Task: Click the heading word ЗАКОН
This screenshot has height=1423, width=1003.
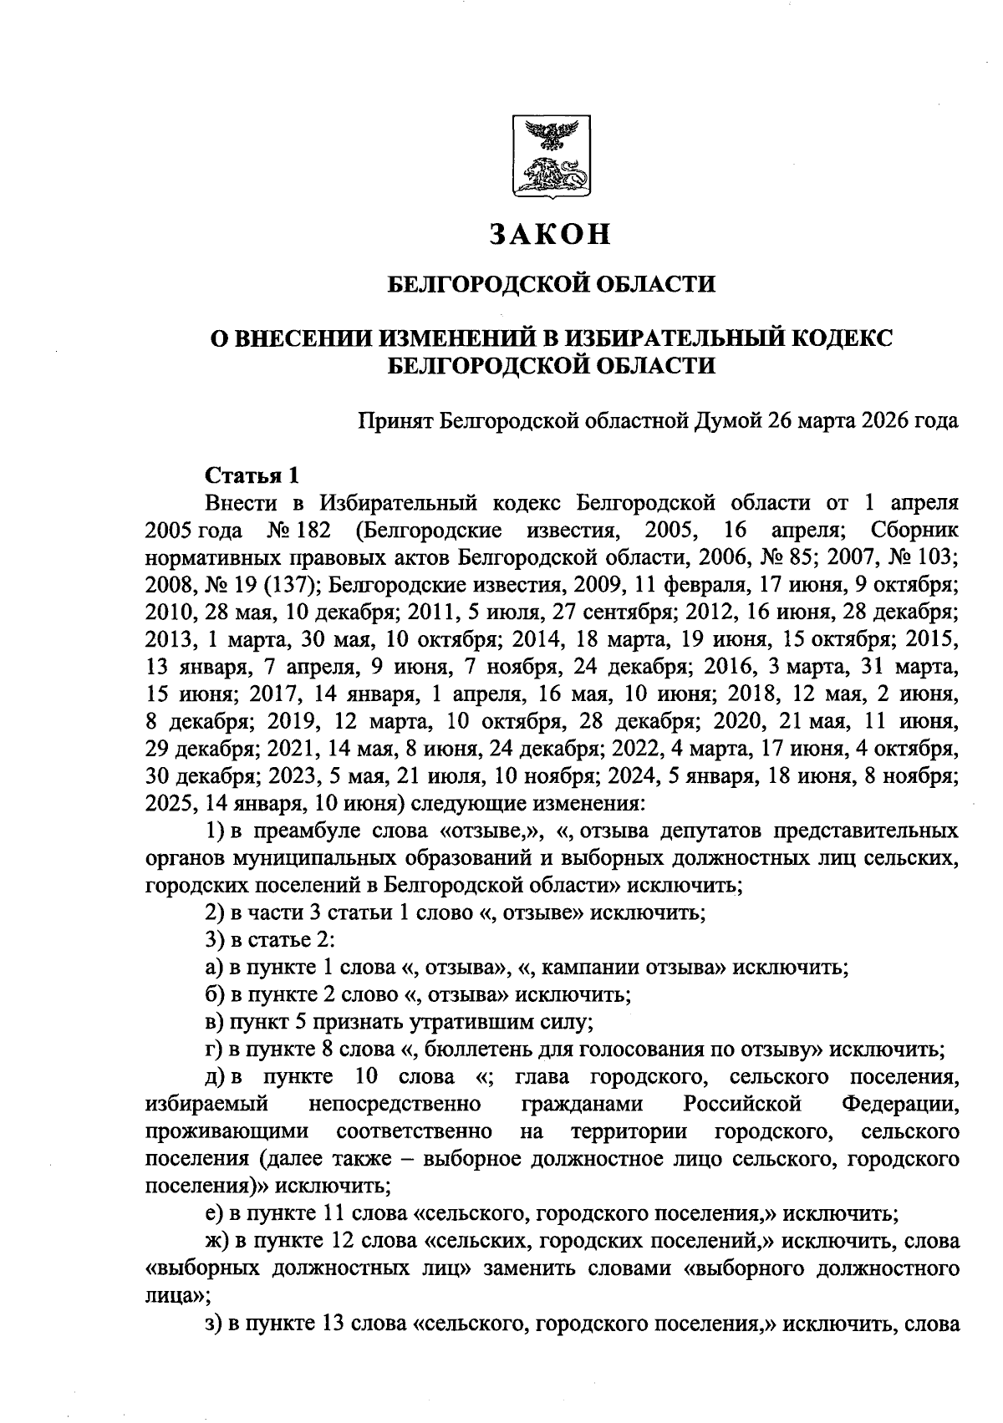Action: click(x=551, y=235)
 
